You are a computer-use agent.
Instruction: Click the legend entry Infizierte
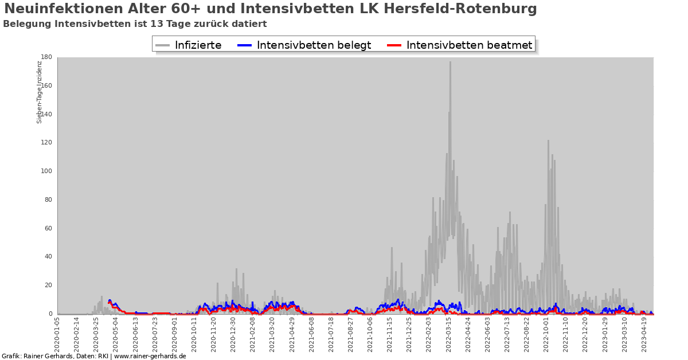(x=198, y=45)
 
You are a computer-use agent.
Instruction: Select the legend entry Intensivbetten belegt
(x=314, y=45)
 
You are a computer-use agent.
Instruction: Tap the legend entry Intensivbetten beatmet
(x=469, y=45)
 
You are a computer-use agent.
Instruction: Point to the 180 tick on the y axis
(x=46, y=57)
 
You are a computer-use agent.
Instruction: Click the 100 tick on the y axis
(x=46, y=171)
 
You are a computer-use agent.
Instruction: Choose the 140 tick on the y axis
(x=46, y=114)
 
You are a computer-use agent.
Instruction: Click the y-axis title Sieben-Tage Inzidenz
(x=40, y=92)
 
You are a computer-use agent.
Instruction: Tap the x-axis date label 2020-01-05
(x=57, y=335)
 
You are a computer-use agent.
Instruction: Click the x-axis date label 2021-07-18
(x=331, y=335)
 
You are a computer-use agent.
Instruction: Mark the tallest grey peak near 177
(x=450, y=62)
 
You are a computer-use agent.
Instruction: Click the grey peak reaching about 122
(x=548, y=141)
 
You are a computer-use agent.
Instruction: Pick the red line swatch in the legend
(x=394, y=45)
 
